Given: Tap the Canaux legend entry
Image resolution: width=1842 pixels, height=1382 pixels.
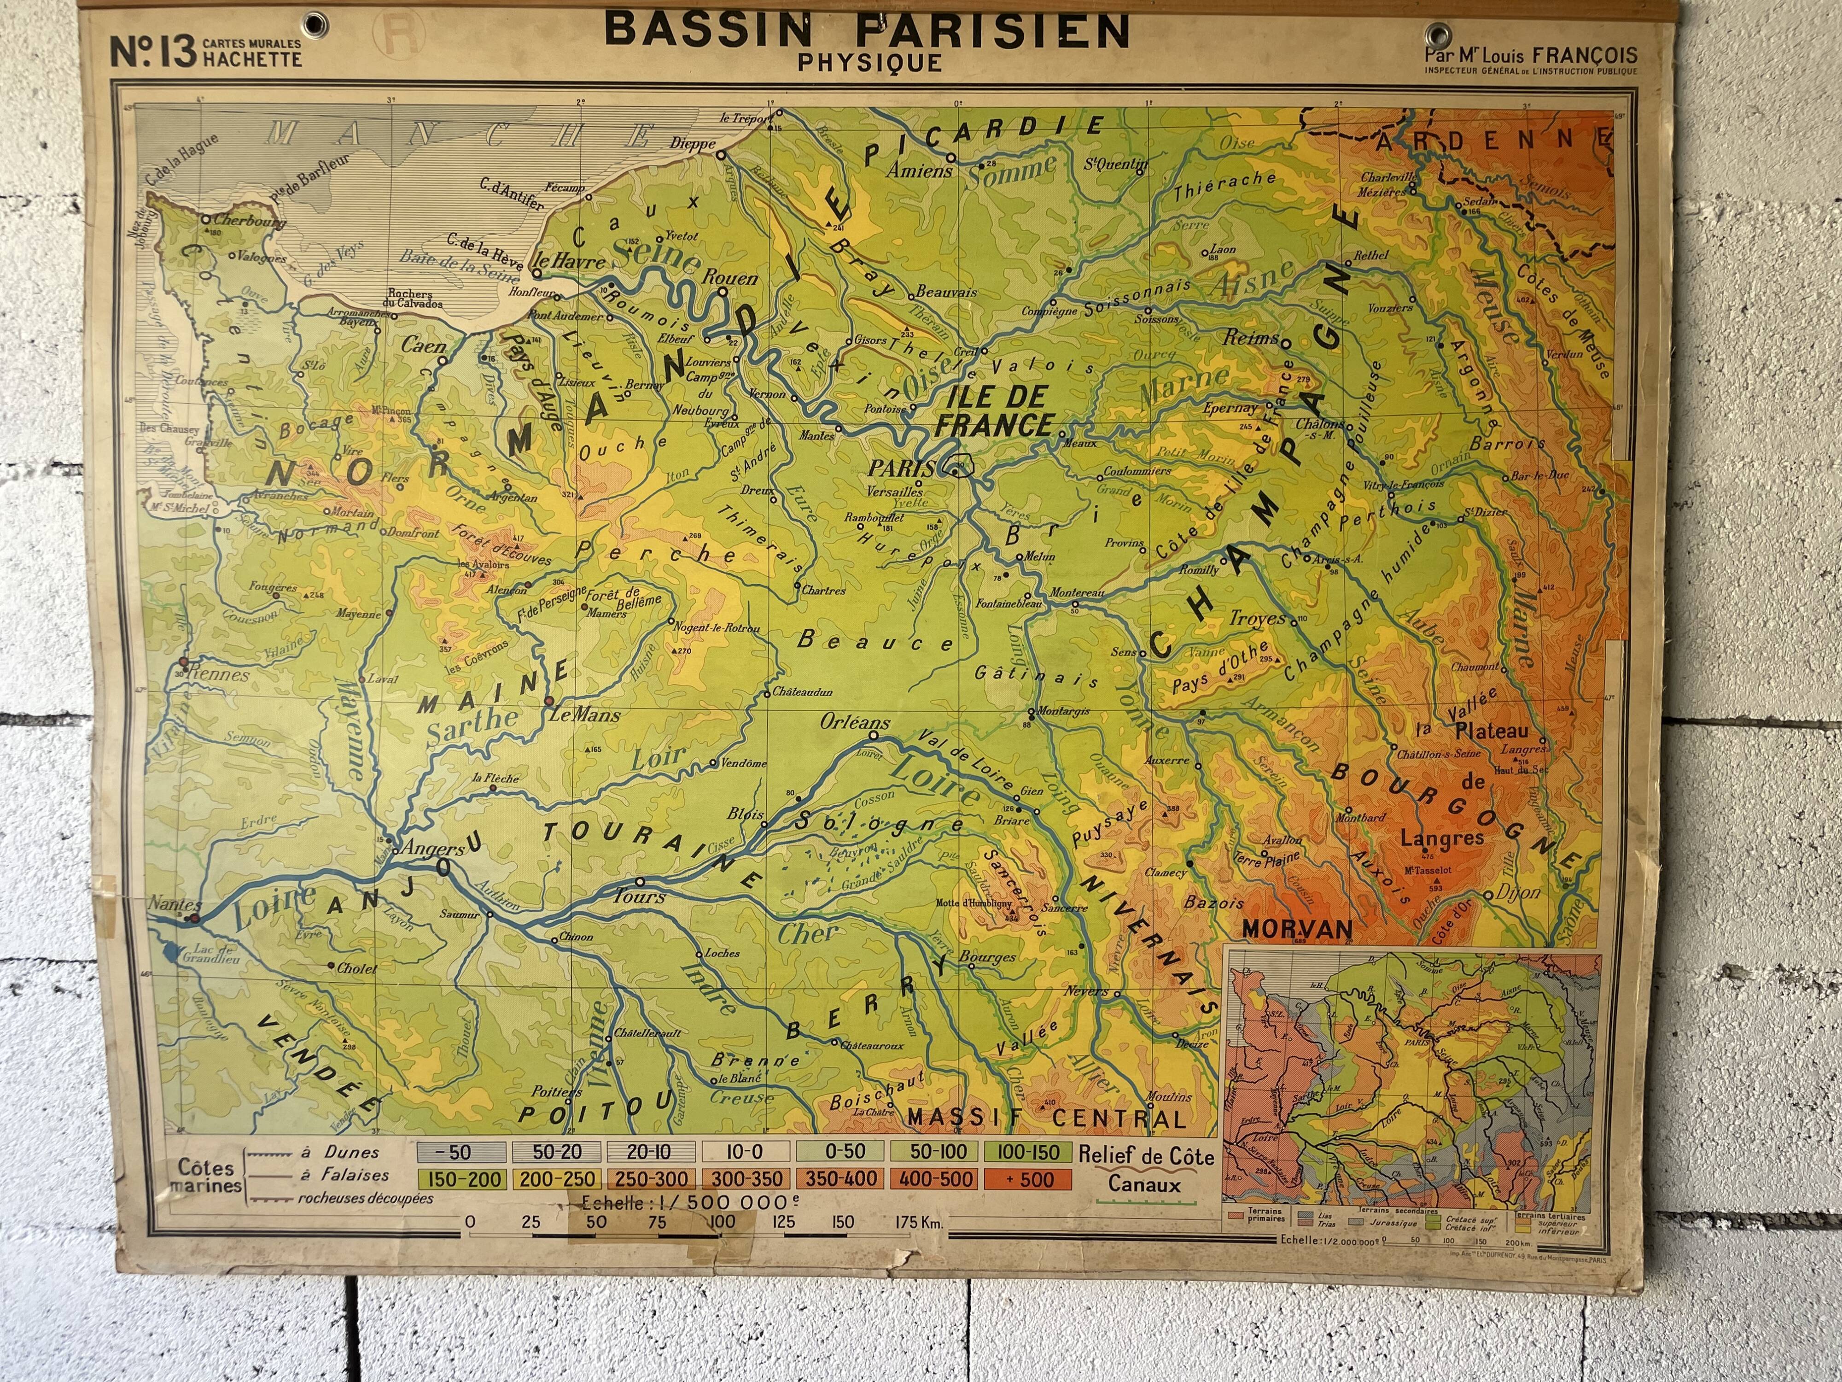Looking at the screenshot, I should point(1144,1184).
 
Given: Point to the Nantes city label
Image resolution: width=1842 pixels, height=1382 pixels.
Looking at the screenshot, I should point(175,904).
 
